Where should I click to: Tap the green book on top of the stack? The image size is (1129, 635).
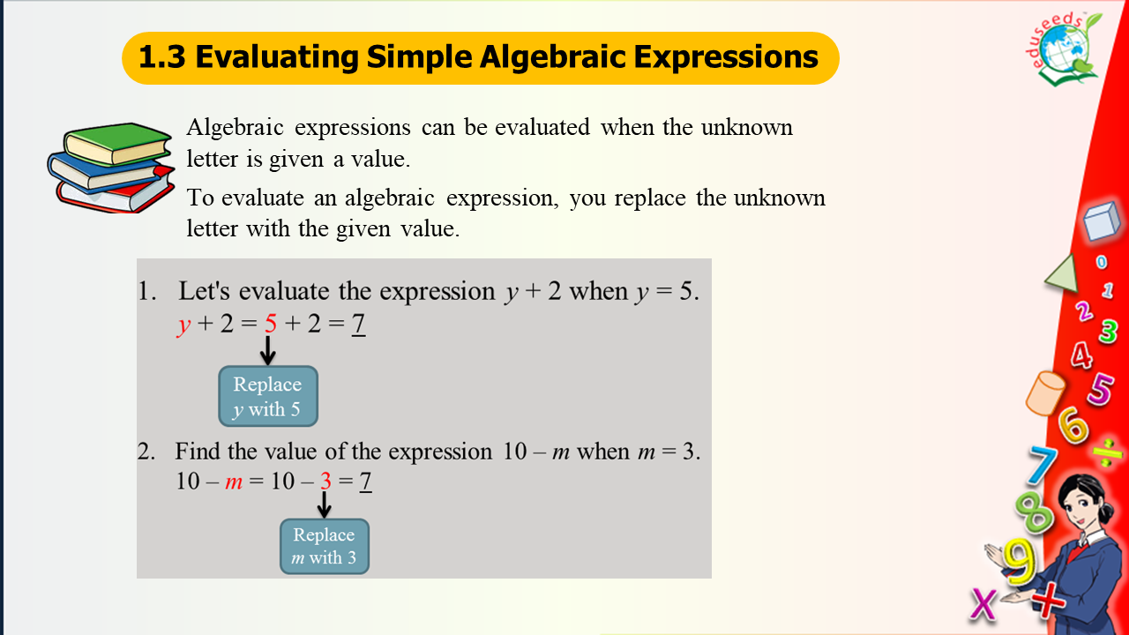point(117,144)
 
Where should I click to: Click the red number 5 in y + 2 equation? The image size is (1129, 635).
point(271,323)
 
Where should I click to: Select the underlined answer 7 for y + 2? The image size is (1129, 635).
point(358,324)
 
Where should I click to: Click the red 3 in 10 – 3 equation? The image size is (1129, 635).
point(325,481)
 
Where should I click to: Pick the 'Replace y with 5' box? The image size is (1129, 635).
point(268,396)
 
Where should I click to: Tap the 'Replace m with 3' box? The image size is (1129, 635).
point(325,546)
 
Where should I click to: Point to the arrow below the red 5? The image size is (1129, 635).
point(267,350)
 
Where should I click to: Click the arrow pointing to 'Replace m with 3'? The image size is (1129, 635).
point(324,504)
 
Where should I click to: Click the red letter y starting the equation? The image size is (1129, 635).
point(183,325)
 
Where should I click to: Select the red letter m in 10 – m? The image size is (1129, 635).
point(234,482)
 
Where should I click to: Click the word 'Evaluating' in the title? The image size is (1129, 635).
point(277,57)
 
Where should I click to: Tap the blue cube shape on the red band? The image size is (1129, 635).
point(1102,220)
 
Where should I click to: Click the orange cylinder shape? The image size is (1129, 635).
point(1045,393)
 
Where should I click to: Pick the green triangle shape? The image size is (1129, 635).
point(1065,275)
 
